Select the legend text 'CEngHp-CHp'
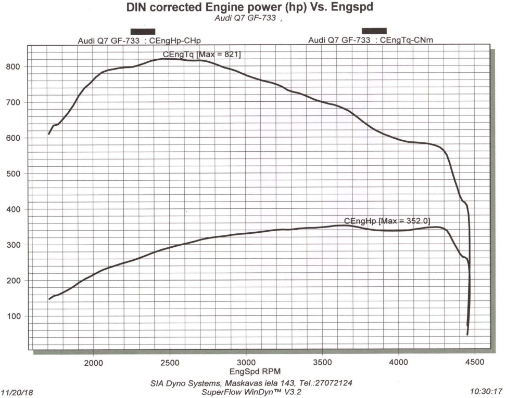click(175, 41)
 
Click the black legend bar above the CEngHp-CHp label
click(143, 31)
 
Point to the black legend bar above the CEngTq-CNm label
click(374, 31)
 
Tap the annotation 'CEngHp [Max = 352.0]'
click(387, 221)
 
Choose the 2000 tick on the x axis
click(93, 362)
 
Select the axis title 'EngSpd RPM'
click(249, 372)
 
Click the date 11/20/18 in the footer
click(17, 393)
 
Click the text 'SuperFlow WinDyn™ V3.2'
click(250, 391)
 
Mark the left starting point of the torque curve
click(49, 134)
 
